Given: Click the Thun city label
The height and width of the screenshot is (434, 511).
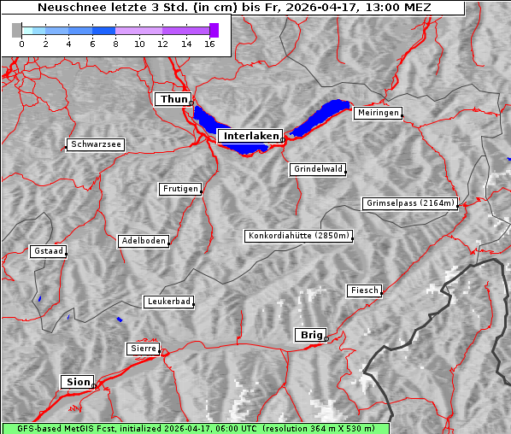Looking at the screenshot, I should point(173,100).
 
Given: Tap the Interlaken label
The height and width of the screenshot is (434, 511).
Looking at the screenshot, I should point(250,136).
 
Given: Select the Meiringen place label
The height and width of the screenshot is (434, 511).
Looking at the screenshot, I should point(378,113).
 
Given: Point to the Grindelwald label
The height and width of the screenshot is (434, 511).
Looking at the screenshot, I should point(319,169).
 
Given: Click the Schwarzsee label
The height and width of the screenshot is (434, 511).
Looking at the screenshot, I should point(97,145).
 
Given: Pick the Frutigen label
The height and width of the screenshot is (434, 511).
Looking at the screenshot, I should point(180,189).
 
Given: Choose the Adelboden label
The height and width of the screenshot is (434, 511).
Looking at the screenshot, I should point(144,241).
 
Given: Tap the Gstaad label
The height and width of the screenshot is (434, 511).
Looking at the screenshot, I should point(49,251).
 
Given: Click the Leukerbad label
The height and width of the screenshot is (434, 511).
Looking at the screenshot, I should point(168,302).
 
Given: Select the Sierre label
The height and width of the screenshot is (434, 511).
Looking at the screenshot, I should point(143,349).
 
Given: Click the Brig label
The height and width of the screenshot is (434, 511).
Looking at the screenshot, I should point(309,335).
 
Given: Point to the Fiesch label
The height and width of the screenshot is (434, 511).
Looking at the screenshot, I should point(364,290).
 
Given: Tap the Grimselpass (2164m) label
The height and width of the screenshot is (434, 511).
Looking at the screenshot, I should point(410,203).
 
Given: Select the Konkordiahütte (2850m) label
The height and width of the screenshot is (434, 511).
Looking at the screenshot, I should point(299,236).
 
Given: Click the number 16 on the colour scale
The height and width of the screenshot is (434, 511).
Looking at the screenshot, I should point(209,44).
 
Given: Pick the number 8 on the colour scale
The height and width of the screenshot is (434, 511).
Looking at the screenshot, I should point(115,44).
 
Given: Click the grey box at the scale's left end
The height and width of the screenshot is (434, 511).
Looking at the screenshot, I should point(17,30).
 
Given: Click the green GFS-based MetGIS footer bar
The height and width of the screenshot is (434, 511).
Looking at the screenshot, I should point(195,428).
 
